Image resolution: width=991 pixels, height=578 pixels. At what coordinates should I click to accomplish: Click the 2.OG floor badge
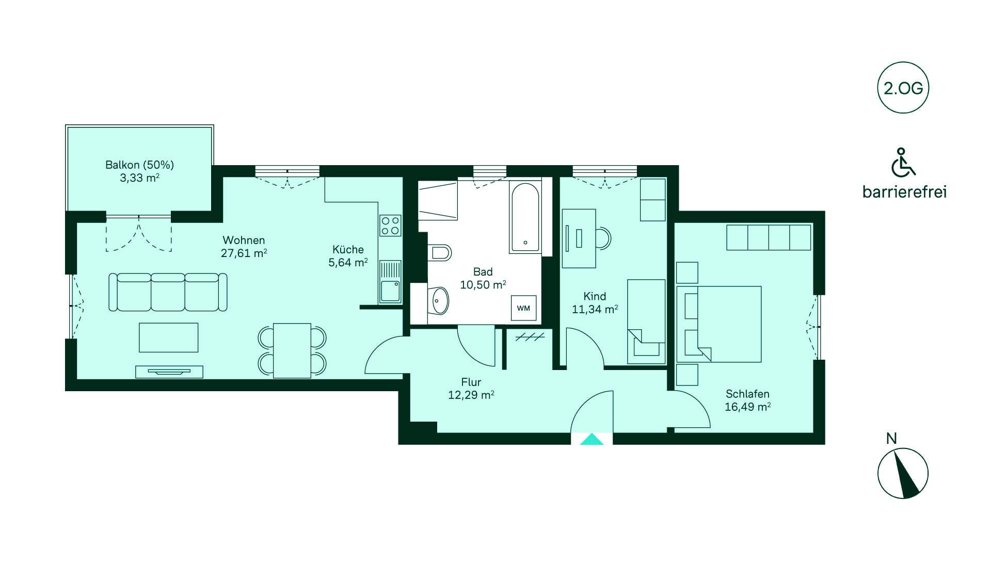tap(903, 88)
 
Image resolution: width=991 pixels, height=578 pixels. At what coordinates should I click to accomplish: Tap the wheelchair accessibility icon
tap(903, 162)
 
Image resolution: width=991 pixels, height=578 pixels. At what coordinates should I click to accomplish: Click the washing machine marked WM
tap(523, 309)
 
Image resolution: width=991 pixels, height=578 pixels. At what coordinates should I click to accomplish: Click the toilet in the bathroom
tap(439, 253)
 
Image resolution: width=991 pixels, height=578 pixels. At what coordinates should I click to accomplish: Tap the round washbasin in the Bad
tap(439, 300)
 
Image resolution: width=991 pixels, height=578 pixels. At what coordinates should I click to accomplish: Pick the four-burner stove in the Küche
tap(390, 226)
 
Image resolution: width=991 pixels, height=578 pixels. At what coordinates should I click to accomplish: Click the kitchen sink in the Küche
tap(390, 281)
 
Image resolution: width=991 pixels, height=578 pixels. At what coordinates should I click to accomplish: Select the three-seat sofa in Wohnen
tap(168, 292)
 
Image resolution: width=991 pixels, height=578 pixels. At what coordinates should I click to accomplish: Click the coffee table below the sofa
tap(169, 338)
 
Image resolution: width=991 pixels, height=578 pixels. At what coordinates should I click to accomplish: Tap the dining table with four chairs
tap(292, 350)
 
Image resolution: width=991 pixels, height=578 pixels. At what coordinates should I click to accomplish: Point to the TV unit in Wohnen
tap(169, 372)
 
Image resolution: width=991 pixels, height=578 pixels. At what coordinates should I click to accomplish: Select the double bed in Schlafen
tap(719, 324)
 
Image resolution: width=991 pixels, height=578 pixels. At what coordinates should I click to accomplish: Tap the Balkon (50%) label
tap(139, 165)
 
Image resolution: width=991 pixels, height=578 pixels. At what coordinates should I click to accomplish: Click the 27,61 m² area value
tap(244, 253)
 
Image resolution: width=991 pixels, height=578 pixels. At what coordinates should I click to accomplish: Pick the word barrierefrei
tap(904, 192)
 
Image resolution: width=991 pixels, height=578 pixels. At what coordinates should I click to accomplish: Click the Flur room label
tap(471, 382)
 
